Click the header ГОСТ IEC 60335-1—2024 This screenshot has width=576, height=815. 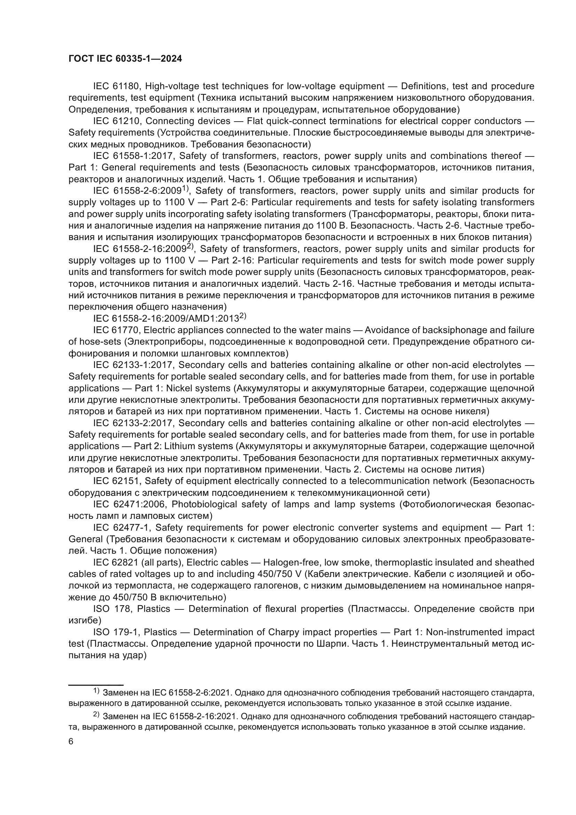pos(125,59)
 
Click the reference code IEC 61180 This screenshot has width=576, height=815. pos(117,86)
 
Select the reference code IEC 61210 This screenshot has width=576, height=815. pos(117,121)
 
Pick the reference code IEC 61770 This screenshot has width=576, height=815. pos(117,330)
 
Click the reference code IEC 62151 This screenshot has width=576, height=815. pos(117,481)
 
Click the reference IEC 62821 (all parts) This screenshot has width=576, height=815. pos(138,563)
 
